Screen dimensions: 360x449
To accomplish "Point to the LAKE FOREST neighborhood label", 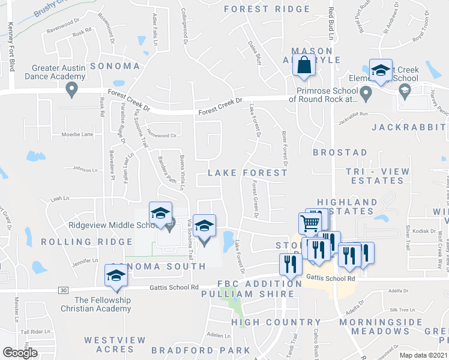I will (247, 173).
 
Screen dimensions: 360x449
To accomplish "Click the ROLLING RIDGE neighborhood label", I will (86, 242).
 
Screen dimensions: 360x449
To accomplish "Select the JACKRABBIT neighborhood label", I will (409, 127).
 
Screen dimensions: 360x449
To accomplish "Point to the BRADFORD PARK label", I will (200, 350).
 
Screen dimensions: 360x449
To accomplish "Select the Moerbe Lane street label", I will (77, 134).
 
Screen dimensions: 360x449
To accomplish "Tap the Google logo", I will (20, 353).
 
